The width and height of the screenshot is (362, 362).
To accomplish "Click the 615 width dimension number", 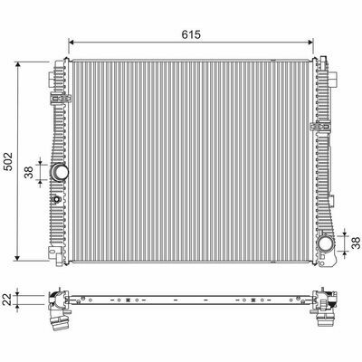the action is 191,34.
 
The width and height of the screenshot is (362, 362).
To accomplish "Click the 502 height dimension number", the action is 9,161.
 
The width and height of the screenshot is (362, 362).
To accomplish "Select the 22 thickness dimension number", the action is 9,300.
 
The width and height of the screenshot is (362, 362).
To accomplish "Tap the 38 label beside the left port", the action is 29,172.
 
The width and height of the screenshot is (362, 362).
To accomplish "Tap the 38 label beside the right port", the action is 357,243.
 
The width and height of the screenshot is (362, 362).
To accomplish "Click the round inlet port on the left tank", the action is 60,171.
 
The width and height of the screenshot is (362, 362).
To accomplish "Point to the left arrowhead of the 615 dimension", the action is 71,43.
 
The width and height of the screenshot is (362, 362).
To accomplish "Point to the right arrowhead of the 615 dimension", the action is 310,43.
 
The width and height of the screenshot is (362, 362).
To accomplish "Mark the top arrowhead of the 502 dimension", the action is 18,65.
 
